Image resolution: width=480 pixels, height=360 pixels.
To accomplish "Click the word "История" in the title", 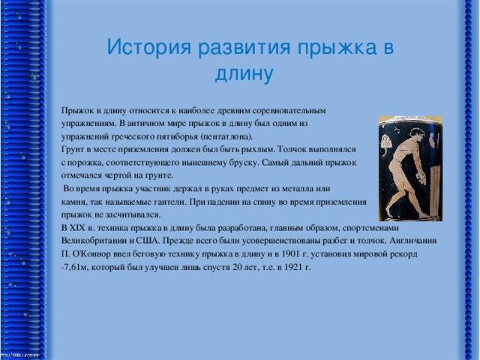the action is [x=149, y=47].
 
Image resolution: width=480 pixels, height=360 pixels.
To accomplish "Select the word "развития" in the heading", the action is [x=244, y=48].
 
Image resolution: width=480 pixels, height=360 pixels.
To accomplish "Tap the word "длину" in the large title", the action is [x=244, y=73].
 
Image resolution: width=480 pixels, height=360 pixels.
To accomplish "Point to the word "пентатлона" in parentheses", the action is [x=227, y=136].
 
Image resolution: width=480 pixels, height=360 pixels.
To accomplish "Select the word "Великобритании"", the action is [x=94, y=241].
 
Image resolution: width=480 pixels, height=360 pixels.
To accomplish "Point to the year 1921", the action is [x=293, y=267].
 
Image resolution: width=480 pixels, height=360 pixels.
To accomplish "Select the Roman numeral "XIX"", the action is [x=78, y=228].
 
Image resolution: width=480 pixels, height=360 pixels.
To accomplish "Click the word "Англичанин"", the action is [x=413, y=241].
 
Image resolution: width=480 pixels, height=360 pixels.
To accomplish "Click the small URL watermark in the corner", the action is [x=20, y=355].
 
